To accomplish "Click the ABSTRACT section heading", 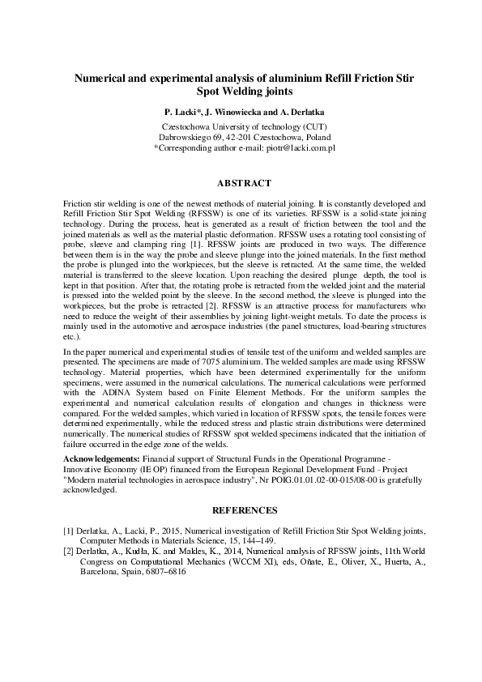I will pos(245,183).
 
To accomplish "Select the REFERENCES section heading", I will pos(245,510).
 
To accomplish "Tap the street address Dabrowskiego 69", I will pos(194,139).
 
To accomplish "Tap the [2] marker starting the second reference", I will pos(69,551).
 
